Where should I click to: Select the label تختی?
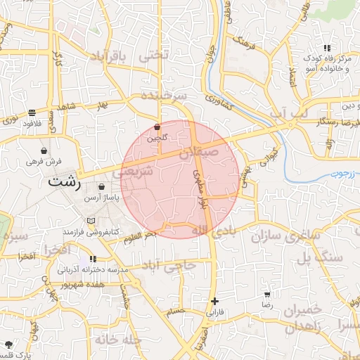click(155, 55)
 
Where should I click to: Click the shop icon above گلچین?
click(157, 127)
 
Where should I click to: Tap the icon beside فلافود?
click(32, 112)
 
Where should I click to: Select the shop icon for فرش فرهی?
click(44, 150)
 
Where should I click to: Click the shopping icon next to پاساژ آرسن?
click(103, 187)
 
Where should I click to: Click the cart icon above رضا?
click(267, 294)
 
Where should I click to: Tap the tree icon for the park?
click(8, 345)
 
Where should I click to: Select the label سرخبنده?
click(164, 94)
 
